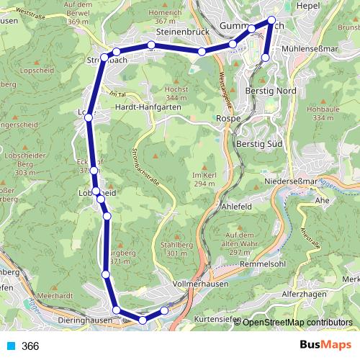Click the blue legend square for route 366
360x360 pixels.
10,346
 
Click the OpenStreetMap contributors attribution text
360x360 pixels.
297,322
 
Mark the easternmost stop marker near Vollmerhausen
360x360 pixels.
164,310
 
